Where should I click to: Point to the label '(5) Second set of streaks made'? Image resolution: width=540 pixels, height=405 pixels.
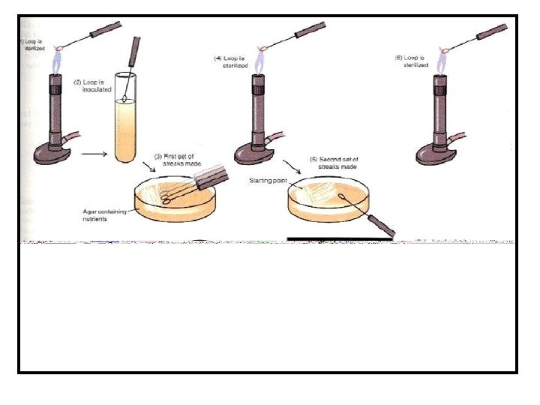click(x=334, y=163)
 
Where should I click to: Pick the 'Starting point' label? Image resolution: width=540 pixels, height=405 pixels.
click(x=268, y=181)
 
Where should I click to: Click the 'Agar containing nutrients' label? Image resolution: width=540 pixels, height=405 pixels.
click(x=103, y=215)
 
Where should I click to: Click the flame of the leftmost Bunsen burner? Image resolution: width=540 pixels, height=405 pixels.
click(x=57, y=66)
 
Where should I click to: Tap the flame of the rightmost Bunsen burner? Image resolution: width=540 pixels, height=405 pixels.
click(x=441, y=66)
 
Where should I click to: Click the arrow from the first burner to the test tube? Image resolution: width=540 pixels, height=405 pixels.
click(x=92, y=155)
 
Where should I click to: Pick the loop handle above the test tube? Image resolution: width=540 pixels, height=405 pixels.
click(x=136, y=52)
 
